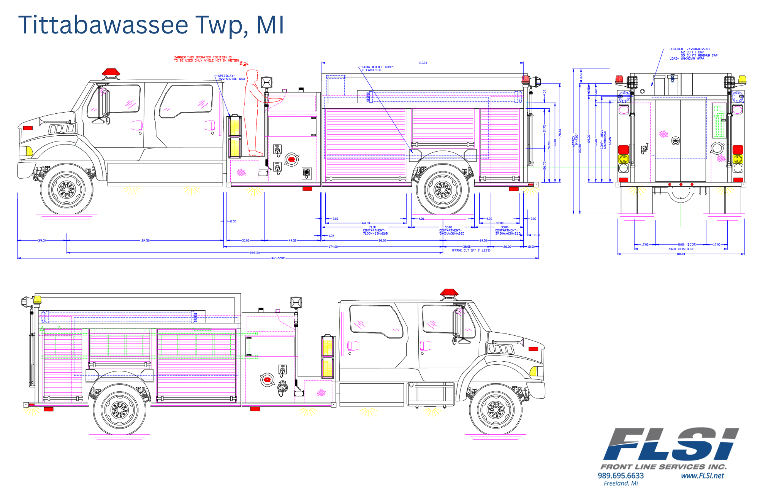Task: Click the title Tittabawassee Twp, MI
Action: (x=151, y=25)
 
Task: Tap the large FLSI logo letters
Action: (x=671, y=444)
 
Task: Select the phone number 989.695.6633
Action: (x=621, y=476)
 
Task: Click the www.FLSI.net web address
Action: (x=702, y=476)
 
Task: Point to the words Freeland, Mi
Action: (x=621, y=483)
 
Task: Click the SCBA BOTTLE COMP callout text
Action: (x=378, y=68)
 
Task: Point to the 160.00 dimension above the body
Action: (x=423, y=63)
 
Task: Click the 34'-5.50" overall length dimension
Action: (x=278, y=258)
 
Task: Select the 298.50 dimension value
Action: (x=255, y=252)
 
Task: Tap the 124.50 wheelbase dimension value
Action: (x=145, y=240)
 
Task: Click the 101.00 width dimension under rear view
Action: (x=681, y=254)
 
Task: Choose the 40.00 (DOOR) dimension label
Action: (x=686, y=244)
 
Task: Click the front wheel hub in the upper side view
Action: (x=66, y=189)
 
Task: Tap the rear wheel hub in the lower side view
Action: (x=119, y=409)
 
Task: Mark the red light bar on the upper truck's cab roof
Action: (x=111, y=72)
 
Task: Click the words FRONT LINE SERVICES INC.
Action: (x=663, y=467)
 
